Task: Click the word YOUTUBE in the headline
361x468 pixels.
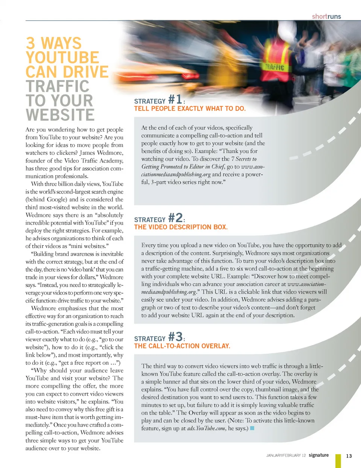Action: pyautogui.click(x=62, y=58)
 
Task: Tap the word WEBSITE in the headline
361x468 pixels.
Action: pyautogui.click(x=60, y=115)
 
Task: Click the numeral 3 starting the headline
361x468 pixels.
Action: pyautogui.click(x=30, y=43)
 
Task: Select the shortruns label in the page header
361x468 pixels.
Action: pyautogui.click(x=326, y=17)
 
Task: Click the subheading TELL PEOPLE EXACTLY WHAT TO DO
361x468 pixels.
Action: pyautogui.click(x=190, y=109)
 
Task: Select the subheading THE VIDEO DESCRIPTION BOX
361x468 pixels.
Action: pyautogui.click(x=181, y=227)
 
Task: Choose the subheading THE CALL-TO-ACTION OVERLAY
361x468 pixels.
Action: pyautogui.click(x=182, y=346)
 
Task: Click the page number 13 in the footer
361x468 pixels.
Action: pyautogui.click(x=349, y=456)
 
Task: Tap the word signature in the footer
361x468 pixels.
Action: pyautogui.click(x=319, y=455)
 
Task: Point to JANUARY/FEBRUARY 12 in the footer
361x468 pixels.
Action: pyautogui.click(x=286, y=456)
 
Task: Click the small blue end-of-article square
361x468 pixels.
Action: pyautogui.click(x=252, y=428)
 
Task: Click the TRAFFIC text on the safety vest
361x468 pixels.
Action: pyautogui.click(x=275, y=67)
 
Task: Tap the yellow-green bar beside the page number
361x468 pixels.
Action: pyautogui.click(x=338, y=460)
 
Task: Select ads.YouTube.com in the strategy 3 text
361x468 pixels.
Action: pyautogui.click(x=206, y=429)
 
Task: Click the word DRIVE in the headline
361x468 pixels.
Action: pyautogui.click(x=86, y=72)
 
